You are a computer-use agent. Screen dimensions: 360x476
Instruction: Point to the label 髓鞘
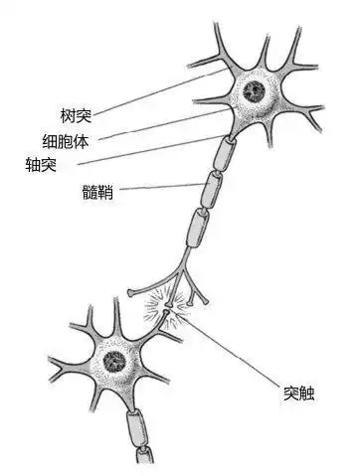(x=98, y=193)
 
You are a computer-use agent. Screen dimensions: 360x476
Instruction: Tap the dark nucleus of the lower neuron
(x=114, y=360)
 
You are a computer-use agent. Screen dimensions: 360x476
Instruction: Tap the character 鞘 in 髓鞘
(x=106, y=193)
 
